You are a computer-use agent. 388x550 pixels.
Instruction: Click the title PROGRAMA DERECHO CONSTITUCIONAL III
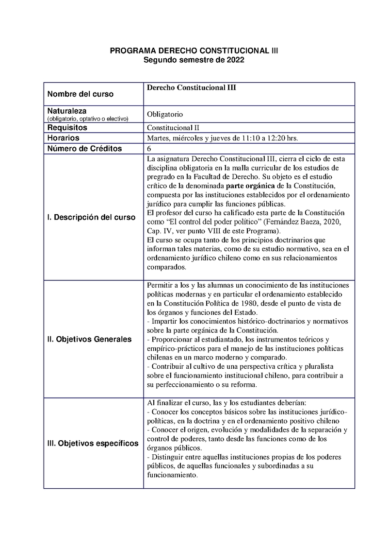(194, 51)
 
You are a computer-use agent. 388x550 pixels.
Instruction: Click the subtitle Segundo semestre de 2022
(194, 60)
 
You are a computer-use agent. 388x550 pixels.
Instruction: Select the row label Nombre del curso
(81, 94)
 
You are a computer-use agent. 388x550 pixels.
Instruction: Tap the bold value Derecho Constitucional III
(191, 87)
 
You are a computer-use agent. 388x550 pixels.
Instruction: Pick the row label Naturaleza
(67, 111)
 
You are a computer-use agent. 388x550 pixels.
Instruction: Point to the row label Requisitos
(67, 127)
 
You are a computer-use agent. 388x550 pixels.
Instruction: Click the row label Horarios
(64, 138)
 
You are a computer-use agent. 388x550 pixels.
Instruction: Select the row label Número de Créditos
(84, 149)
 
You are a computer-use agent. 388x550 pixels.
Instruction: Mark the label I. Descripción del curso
(91, 217)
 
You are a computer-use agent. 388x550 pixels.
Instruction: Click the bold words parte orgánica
(249, 186)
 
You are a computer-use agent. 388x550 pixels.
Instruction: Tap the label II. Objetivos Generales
(89, 339)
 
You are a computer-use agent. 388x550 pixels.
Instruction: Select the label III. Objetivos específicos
(93, 443)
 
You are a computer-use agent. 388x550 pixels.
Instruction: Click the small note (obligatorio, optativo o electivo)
(87, 119)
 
